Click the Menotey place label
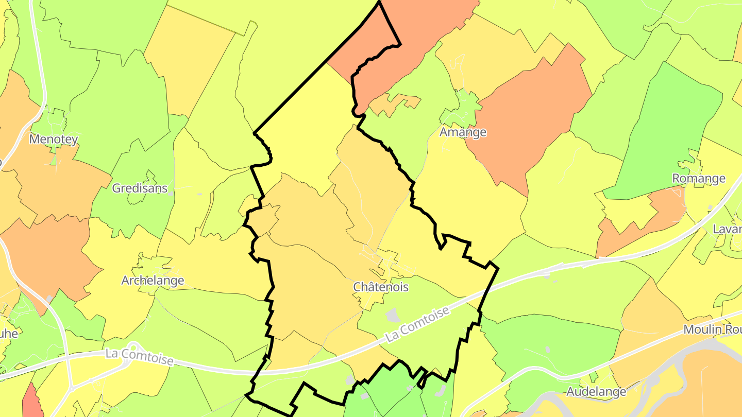point(54,139)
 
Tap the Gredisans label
point(140,188)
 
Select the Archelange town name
point(153,281)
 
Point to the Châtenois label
point(381,287)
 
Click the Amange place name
point(463,132)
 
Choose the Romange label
point(699,178)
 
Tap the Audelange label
point(596,391)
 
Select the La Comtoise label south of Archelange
point(139,357)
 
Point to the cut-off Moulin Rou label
point(712,329)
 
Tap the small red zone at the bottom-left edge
point(32,402)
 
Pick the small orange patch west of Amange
point(395,103)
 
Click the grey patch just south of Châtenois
point(393,315)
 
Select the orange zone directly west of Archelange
point(46,252)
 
